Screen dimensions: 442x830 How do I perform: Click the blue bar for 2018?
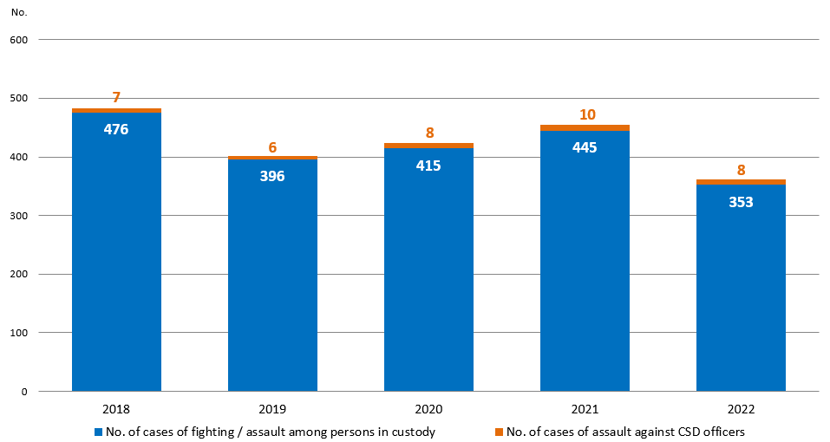pos(116,260)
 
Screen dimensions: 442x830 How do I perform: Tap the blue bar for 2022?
pos(741,295)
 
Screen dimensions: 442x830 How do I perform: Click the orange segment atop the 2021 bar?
pos(585,128)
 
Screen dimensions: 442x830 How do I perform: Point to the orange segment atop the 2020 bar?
pos(428,146)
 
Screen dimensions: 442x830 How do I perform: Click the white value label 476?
pos(116,130)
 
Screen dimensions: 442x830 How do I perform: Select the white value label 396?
pos(272,176)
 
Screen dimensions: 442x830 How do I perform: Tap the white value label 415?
pos(428,166)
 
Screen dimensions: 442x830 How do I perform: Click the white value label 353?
pos(741,202)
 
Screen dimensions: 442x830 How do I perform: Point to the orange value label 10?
pos(587,114)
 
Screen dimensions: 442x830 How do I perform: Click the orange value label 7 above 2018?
pos(116,98)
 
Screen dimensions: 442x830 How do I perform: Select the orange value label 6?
pos(272,147)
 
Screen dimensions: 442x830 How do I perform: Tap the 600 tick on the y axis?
pos(19,40)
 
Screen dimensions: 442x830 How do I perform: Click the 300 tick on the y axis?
pos(19,216)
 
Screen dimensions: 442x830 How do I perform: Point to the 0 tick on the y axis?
pos(25,392)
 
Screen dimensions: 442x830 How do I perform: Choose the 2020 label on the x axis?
pos(428,408)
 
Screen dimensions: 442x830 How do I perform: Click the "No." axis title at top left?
pos(17,12)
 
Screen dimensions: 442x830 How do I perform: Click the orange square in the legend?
pos(500,432)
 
